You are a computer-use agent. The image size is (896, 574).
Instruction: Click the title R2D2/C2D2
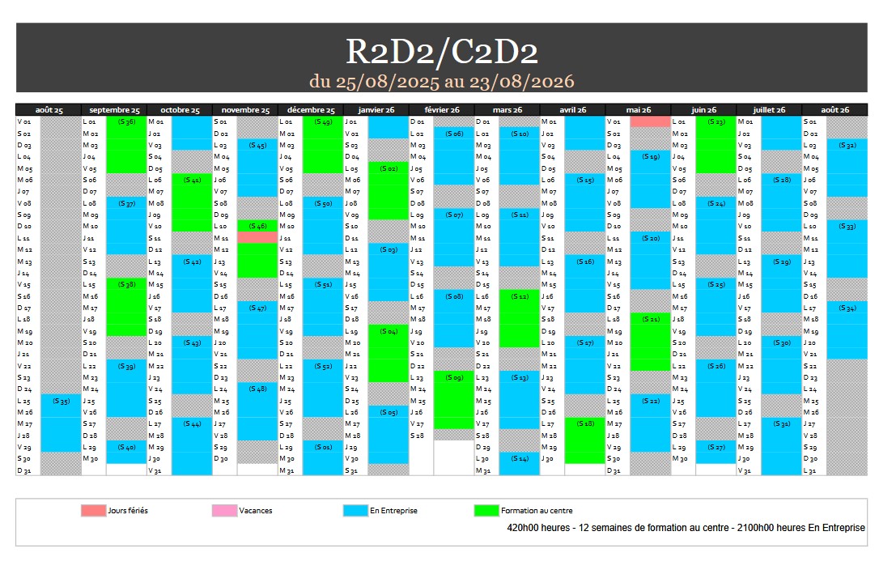(442, 50)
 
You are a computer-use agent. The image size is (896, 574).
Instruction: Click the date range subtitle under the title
(442, 81)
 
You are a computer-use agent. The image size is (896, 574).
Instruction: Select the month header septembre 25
(114, 110)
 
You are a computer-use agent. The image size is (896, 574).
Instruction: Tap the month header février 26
(441, 110)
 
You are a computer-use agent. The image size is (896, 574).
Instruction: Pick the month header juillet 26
(769, 110)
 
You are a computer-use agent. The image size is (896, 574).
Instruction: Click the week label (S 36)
(126, 121)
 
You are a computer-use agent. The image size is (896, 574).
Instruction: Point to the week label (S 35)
(61, 401)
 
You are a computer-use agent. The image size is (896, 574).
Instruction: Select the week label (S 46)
(257, 226)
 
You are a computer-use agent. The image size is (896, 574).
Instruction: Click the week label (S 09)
(454, 377)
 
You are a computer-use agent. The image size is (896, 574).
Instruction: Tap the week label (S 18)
(585, 423)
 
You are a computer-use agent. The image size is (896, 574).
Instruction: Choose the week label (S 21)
(651, 319)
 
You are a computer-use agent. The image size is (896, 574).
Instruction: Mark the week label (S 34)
(847, 308)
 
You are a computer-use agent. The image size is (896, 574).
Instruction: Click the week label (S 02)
(389, 168)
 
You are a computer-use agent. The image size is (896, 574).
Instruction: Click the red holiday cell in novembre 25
(257, 238)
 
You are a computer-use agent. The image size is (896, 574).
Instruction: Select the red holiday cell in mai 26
(651, 121)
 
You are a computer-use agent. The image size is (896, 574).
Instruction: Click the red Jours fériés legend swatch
(93, 511)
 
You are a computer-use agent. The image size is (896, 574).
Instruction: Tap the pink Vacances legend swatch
(224, 511)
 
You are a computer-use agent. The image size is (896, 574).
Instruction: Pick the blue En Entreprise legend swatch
(355, 511)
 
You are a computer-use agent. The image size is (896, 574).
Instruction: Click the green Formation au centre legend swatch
(486, 511)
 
